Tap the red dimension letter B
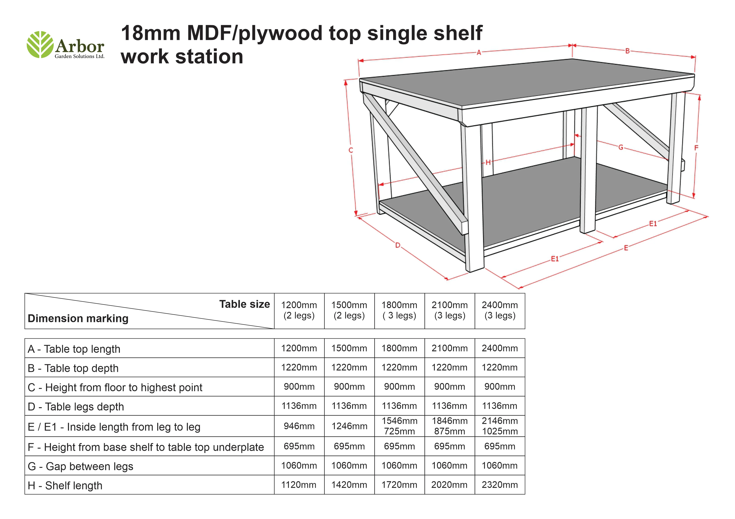pyautogui.click(x=627, y=51)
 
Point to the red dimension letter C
pyautogui.click(x=351, y=150)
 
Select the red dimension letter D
pyautogui.click(x=398, y=245)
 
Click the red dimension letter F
pyautogui.click(x=696, y=148)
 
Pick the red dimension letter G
pyautogui.click(x=621, y=147)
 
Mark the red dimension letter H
pyautogui.click(x=488, y=162)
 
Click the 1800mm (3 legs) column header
pyautogui.click(x=399, y=310)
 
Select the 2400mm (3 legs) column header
pyautogui.click(x=500, y=310)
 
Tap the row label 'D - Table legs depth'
pyautogui.click(x=76, y=407)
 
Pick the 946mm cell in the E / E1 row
pyautogui.click(x=299, y=426)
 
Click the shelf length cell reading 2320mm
pyautogui.click(x=500, y=485)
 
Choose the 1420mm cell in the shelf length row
pyautogui.click(x=349, y=485)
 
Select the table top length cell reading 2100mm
pyautogui.click(x=449, y=348)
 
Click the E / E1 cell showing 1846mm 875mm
pyautogui.click(x=449, y=426)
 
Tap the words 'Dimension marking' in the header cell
pyautogui.click(x=78, y=319)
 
